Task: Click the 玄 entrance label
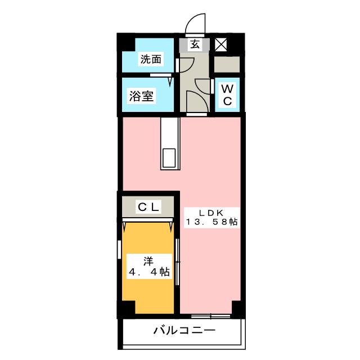(x=195, y=44)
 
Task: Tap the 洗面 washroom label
(x=151, y=59)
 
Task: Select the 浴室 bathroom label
(x=141, y=96)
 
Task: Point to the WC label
(x=227, y=94)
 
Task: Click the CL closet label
(x=148, y=207)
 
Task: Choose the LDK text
(x=211, y=213)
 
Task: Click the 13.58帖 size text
(x=211, y=222)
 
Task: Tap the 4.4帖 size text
(x=149, y=272)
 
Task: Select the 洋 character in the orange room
(x=148, y=261)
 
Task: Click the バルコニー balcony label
(x=184, y=330)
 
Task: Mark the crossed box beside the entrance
(x=221, y=44)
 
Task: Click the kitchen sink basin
(x=169, y=158)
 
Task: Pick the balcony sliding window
(x=211, y=317)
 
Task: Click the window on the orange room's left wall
(x=119, y=250)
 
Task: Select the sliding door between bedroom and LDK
(x=177, y=262)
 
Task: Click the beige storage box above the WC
(x=227, y=64)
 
